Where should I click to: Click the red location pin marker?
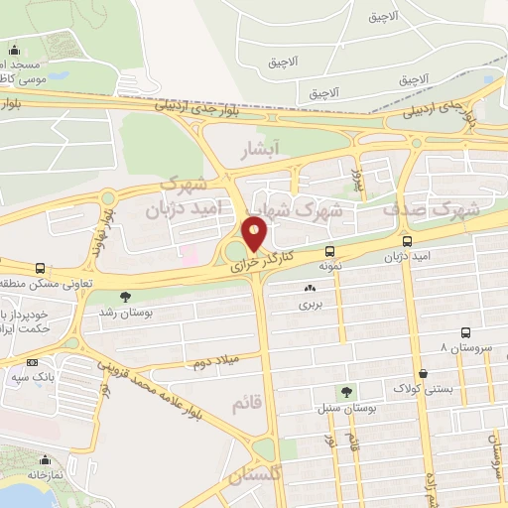[x=255, y=235]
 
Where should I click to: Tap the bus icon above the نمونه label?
[x=329, y=252]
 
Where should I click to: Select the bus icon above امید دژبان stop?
[x=407, y=241]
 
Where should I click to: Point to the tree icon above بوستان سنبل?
[x=345, y=392]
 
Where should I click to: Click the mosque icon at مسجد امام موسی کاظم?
[x=14, y=51]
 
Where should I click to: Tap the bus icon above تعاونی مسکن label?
[x=40, y=269]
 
